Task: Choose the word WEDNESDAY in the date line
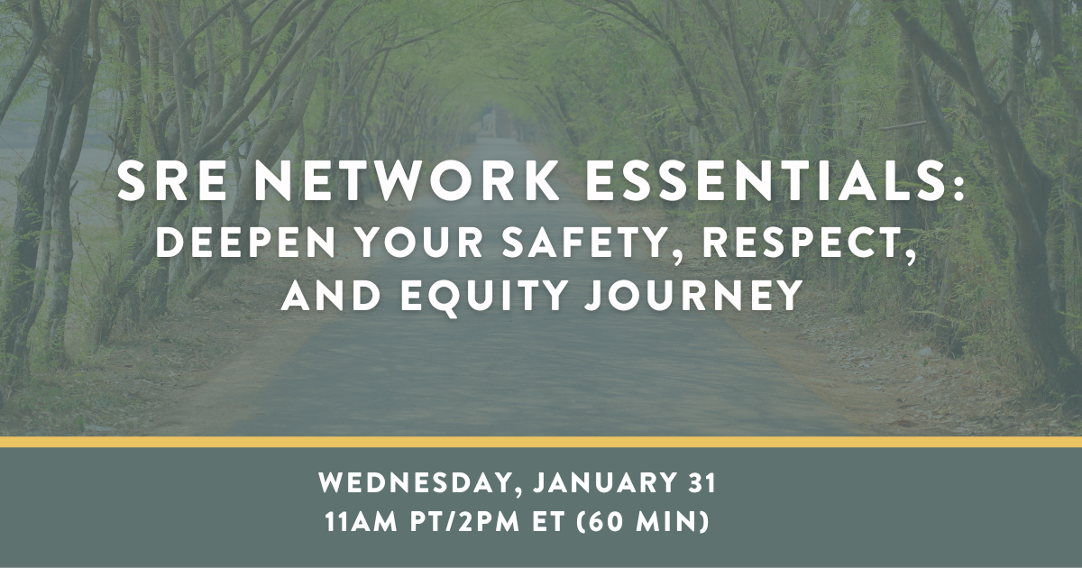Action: (x=416, y=484)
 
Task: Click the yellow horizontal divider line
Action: (x=541, y=442)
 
